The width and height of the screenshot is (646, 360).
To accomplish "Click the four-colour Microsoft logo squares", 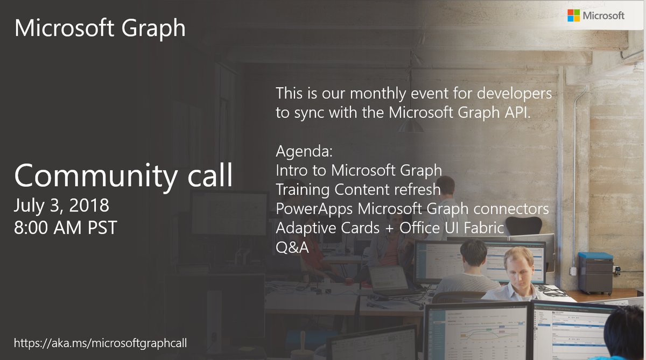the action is tap(573, 15).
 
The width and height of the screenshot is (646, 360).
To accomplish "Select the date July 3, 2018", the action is tap(61, 206).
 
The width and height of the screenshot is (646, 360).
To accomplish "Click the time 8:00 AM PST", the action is tap(66, 228).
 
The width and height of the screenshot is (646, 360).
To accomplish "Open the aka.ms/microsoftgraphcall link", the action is tap(100, 343).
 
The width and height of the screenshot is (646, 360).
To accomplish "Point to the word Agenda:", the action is tap(304, 151).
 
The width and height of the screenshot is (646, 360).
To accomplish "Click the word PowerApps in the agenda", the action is tap(314, 209).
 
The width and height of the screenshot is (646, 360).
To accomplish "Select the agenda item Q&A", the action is tap(292, 248).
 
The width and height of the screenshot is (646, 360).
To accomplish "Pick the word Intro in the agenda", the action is tap(291, 170).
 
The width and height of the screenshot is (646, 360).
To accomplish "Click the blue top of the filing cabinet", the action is tap(595, 256).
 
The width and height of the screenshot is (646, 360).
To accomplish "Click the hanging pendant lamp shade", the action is tap(411, 126).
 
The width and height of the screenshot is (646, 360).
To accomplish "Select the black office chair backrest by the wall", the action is tap(523, 226).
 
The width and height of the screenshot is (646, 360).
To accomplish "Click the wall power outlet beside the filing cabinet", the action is tap(573, 271).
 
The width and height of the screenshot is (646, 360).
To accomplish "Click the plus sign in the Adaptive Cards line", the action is tap(389, 229).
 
